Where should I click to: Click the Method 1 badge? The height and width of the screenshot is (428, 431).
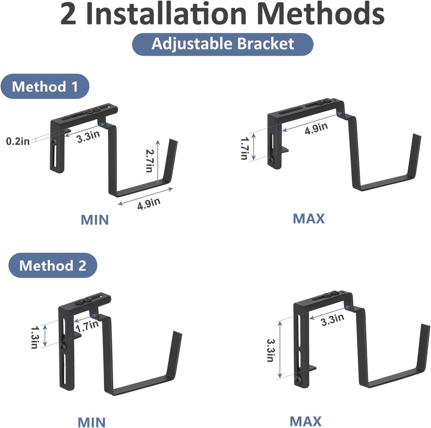pyautogui.click(x=45, y=86)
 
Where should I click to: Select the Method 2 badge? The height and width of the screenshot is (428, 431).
pyautogui.click(x=53, y=265)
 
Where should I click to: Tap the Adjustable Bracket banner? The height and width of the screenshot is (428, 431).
pyautogui.click(x=223, y=44)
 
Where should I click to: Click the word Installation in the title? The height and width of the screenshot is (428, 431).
pyautogui.click(x=166, y=14)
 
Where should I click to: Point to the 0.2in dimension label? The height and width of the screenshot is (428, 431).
pyautogui.click(x=18, y=141)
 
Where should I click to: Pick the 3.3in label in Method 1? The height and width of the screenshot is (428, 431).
pyautogui.click(x=88, y=136)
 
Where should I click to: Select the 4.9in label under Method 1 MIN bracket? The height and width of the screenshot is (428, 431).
pyautogui.click(x=149, y=203)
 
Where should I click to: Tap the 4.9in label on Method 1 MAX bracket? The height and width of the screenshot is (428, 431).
pyautogui.click(x=316, y=128)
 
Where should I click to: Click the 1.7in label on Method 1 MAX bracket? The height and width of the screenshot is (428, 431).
pyautogui.click(x=244, y=148)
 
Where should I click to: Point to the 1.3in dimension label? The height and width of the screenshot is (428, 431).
pyautogui.click(x=35, y=337)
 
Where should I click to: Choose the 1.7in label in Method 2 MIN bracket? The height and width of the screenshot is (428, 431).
pyautogui.click(x=87, y=326)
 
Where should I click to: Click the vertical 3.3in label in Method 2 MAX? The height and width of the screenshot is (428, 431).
pyautogui.click(x=271, y=350)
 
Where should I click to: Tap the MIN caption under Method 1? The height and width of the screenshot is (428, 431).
pyautogui.click(x=95, y=220)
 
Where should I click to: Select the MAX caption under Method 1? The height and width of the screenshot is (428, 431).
pyautogui.click(x=309, y=219)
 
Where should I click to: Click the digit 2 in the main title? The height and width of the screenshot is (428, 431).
pyautogui.click(x=68, y=14)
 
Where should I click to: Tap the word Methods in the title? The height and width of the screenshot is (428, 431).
pyautogui.click(x=321, y=14)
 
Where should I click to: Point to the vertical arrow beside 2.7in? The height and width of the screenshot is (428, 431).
pyautogui.click(x=157, y=162)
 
